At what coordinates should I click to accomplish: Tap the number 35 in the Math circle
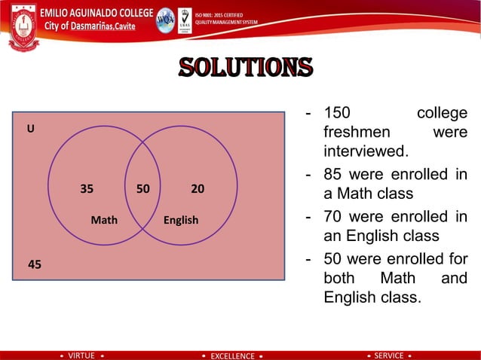coord(87,189)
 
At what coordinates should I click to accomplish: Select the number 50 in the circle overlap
coord(142,189)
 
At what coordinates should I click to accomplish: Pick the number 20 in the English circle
coord(198,189)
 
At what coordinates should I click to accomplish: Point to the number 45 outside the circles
coord(35,264)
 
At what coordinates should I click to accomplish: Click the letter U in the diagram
coord(31,129)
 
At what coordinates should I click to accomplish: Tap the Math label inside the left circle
coord(104,220)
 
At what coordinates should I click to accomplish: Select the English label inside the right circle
coord(181,220)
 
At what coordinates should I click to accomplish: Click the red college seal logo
coord(22,26)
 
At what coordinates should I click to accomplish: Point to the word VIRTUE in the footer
coord(81,355)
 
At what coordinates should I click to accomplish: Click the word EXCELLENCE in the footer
coord(232,355)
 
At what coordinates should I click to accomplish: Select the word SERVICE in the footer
coord(389,355)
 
